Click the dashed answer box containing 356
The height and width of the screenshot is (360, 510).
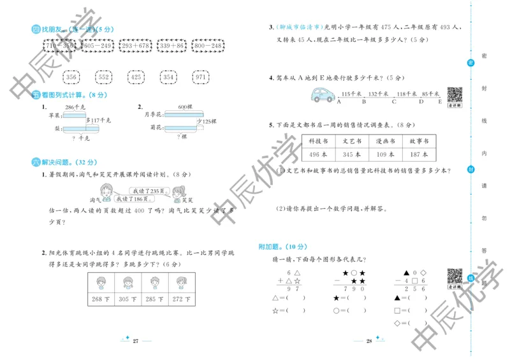point(71,78)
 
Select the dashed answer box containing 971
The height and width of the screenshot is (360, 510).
point(202,78)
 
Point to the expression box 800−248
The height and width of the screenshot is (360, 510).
point(208,47)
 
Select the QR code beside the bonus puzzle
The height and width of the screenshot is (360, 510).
point(455,276)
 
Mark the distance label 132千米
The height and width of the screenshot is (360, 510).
point(379,94)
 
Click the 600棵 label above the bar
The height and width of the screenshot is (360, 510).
point(186,106)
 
